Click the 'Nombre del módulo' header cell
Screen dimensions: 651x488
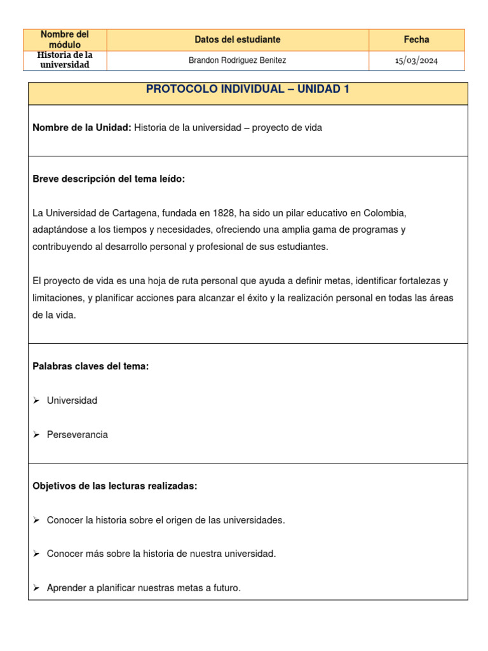pos(64,39)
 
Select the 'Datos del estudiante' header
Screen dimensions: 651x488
pos(237,39)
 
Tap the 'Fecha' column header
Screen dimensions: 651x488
pos(416,39)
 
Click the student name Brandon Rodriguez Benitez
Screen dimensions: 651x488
pos(237,60)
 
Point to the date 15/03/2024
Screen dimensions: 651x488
pos(416,61)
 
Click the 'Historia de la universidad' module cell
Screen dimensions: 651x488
pos(64,60)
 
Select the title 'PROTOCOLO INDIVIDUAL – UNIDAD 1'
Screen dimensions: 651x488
pos(247,89)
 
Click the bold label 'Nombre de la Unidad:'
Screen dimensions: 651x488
pos(82,128)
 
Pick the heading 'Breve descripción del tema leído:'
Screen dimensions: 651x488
pos(109,179)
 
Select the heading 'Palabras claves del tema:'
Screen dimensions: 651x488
pos(90,366)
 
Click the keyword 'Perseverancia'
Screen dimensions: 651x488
pos(77,435)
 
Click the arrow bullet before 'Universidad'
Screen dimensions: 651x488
pos(36,401)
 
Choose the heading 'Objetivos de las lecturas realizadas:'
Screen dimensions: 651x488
pos(115,486)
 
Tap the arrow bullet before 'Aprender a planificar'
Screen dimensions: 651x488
pos(36,588)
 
